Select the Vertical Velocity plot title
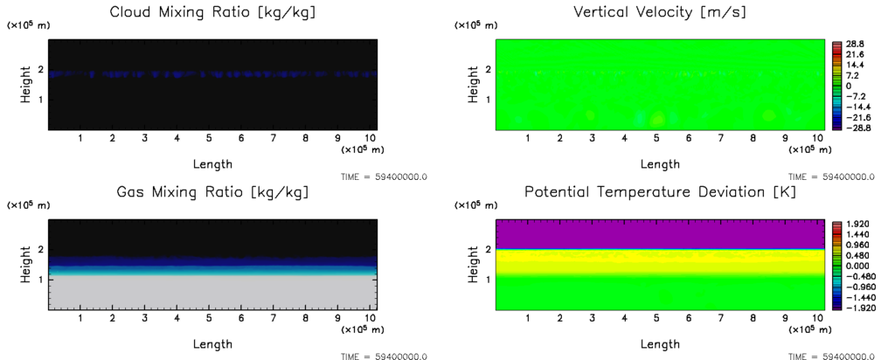coord(660,12)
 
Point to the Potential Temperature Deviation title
coord(660,192)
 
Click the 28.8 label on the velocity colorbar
coord(853,44)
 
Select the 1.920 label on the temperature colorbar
coord(856,224)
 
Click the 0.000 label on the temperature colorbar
coord(856,266)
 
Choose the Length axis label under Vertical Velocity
coord(660,163)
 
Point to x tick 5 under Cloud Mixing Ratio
coord(209,138)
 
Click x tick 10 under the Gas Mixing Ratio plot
coord(370,319)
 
